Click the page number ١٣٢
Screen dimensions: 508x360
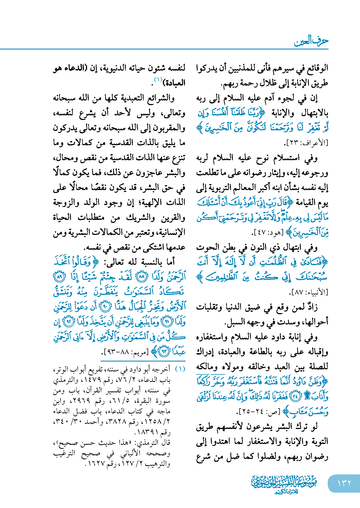click(344, 483)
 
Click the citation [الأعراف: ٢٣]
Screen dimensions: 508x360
click(306, 143)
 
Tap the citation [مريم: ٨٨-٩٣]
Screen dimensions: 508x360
click(126, 352)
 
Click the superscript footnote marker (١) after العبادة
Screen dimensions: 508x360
click(158, 80)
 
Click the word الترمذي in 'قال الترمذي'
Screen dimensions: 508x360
click(149, 443)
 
